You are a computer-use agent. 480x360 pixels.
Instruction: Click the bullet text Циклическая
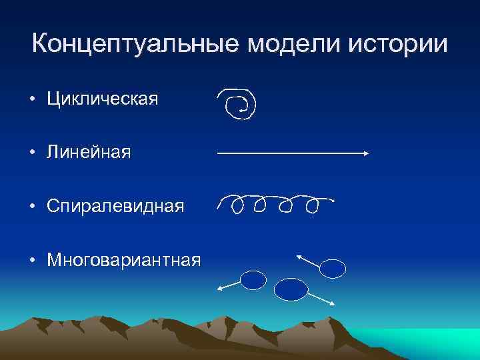click(x=102, y=100)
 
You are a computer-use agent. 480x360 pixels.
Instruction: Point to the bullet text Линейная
click(x=89, y=153)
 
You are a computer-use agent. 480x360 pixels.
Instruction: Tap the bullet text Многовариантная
click(x=123, y=259)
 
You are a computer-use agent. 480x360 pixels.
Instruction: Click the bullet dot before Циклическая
click(x=33, y=101)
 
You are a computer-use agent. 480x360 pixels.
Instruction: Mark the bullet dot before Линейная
click(x=33, y=153)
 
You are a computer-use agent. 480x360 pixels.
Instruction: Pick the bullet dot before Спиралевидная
click(x=33, y=207)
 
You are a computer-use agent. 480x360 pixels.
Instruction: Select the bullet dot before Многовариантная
click(x=33, y=259)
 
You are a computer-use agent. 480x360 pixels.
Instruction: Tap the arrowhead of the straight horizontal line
click(x=366, y=153)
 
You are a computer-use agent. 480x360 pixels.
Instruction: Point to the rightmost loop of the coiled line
click(x=311, y=206)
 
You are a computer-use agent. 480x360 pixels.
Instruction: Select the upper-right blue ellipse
click(x=333, y=268)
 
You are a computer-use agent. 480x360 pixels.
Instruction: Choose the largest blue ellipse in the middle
click(x=291, y=289)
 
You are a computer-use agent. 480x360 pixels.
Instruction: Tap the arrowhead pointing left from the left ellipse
click(x=220, y=288)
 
